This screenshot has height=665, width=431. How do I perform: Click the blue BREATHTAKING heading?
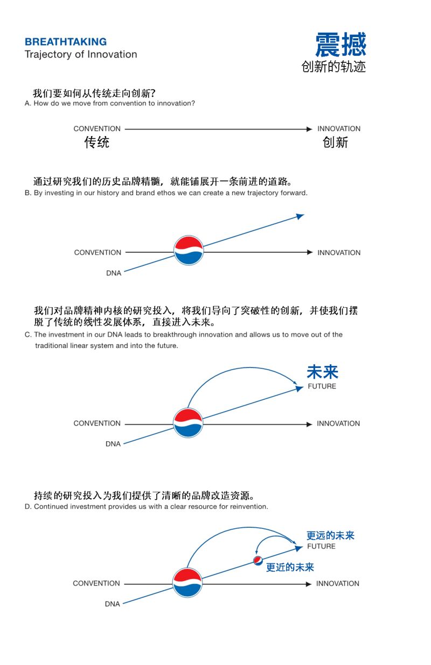[66, 42]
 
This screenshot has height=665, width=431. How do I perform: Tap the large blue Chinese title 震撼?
[340, 45]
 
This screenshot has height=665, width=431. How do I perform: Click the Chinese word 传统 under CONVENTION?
[97, 142]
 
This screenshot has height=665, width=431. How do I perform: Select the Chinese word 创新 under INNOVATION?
[336, 142]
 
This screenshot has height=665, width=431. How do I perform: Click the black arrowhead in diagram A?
[309, 129]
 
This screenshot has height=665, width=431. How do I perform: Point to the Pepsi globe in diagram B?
[189, 251]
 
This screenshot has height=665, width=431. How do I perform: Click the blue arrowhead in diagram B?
[300, 216]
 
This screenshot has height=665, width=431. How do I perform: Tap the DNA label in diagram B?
[114, 273]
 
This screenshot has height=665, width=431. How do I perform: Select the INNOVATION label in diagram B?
[339, 253]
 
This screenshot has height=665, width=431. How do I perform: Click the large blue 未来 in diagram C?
[323, 372]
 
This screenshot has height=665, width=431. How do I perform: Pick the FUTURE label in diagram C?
[322, 386]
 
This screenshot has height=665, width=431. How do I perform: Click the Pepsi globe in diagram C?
[188, 423]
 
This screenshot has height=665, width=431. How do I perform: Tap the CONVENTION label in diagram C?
[97, 423]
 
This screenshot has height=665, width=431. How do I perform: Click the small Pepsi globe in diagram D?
[258, 561]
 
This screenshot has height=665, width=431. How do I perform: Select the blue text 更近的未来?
[290, 567]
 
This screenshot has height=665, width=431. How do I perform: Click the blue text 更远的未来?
[331, 535]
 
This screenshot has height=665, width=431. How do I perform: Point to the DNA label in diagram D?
[113, 604]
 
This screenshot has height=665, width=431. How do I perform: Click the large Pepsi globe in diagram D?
[187, 583]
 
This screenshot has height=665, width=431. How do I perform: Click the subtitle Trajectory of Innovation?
[81, 55]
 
